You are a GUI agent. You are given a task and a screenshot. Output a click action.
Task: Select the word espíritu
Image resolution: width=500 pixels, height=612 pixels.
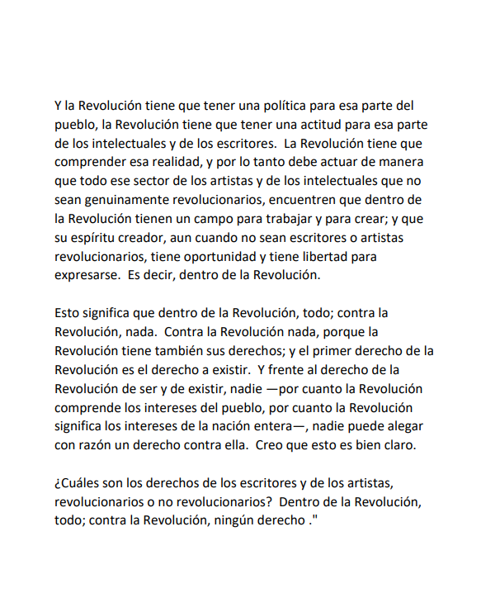click(92, 238)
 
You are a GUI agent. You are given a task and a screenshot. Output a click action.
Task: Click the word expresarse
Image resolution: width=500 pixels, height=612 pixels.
click(86, 275)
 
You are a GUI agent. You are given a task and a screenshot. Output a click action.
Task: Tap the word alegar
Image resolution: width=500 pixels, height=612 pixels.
click(406, 425)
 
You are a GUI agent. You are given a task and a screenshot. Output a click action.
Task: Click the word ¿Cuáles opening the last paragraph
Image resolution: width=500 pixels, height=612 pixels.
click(79, 482)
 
